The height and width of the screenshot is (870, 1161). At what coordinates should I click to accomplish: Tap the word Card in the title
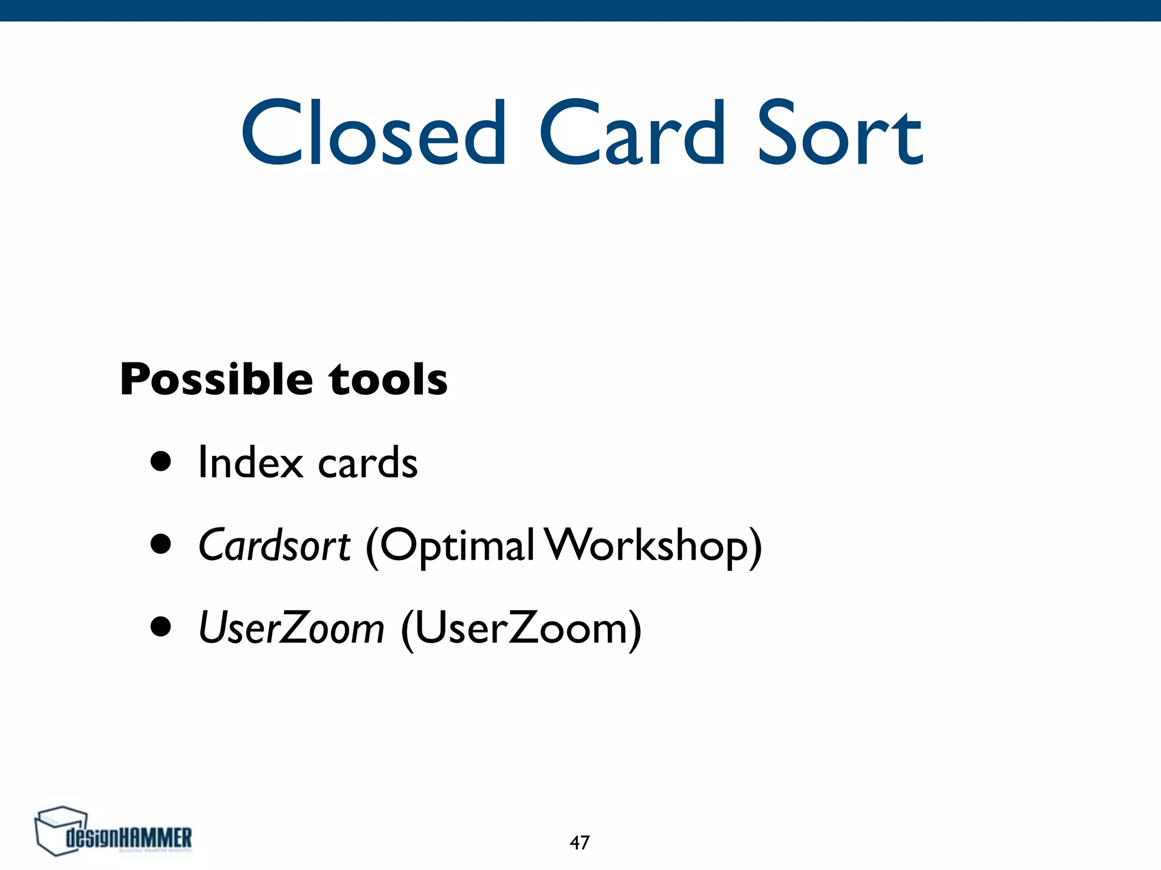632,133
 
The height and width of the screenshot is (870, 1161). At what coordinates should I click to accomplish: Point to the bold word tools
388,379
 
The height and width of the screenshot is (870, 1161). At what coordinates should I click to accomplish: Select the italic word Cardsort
274,545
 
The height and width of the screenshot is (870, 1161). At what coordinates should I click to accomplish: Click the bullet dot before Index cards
161,462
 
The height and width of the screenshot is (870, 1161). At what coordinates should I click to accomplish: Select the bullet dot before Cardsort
161,544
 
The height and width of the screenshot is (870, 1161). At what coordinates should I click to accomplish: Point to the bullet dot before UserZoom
161,627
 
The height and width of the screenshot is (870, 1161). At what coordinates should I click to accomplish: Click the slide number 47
579,843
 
